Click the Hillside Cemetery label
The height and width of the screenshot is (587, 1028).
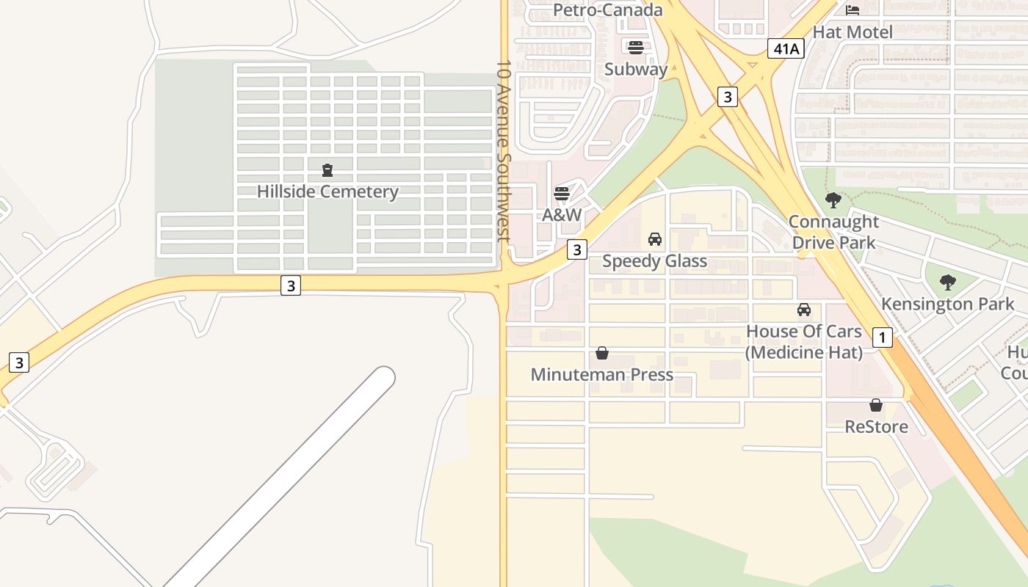[327, 192]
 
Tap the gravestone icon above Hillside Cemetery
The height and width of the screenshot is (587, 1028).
[327, 171]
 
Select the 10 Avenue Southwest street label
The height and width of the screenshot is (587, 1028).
[503, 151]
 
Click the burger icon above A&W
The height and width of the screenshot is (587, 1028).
[562, 194]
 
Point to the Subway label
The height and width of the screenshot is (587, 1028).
[636, 70]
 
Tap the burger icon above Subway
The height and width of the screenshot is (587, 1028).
[636, 48]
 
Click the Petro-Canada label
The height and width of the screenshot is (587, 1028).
[608, 10]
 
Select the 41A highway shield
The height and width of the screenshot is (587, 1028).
[786, 49]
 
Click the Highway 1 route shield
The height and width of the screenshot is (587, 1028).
[882, 338]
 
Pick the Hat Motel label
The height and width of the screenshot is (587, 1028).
[853, 32]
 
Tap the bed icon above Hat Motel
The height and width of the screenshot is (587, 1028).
[853, 10]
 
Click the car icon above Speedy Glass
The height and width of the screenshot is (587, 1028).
[655, 239]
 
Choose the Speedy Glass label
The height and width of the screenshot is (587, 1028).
[655, 261]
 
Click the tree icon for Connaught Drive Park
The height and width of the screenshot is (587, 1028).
[833, 200]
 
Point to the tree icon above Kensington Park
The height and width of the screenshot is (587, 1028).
[948, 282]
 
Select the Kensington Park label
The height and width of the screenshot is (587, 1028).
[948, 304]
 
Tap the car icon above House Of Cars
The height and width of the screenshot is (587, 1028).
[804, 310]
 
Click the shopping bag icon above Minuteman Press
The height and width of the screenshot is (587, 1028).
[602, 354]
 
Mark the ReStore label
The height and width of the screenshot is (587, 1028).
[876, 427]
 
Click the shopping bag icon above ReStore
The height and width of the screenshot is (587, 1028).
[876, 405]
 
